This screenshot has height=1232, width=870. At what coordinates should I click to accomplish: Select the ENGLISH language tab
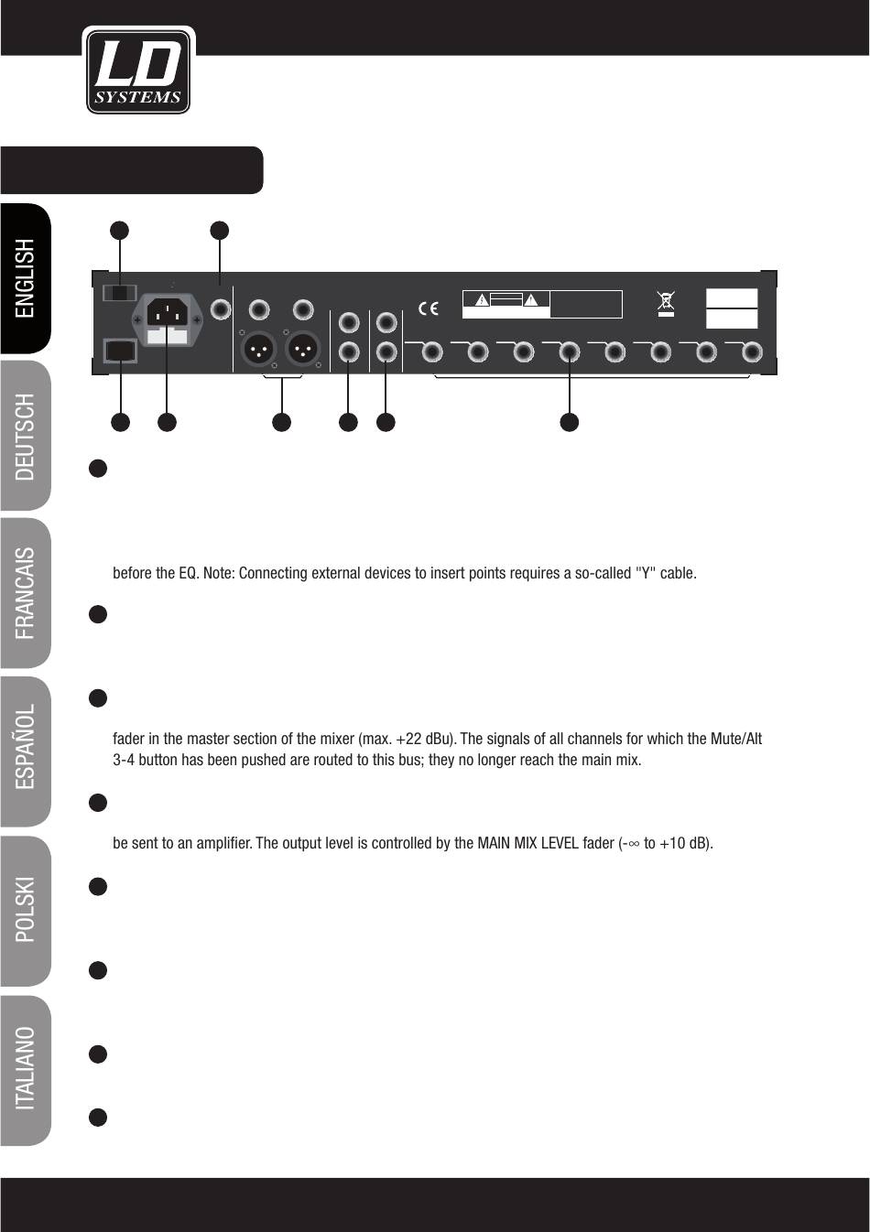[x=26, y=278]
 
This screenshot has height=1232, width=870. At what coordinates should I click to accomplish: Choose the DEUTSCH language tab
[x=26, y=436]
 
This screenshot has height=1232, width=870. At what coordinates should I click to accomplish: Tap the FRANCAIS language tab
[x=26, y=592]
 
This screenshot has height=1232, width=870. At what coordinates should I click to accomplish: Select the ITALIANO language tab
[x=26, y=1067]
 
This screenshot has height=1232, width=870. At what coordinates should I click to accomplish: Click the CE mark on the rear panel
[x=428, y=308]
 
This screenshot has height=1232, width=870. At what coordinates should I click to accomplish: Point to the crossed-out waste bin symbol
[x=666, y=303]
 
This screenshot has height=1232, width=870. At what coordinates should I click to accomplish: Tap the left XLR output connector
[x=259, y=350]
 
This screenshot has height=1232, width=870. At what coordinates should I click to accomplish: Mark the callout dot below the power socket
[x=167, y=422]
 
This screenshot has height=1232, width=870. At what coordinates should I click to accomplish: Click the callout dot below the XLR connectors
[x=281, y=422]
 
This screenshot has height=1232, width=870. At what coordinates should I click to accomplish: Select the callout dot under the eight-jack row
[x=570, y=422]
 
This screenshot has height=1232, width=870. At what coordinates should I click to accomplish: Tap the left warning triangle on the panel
[x=481, y=300]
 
